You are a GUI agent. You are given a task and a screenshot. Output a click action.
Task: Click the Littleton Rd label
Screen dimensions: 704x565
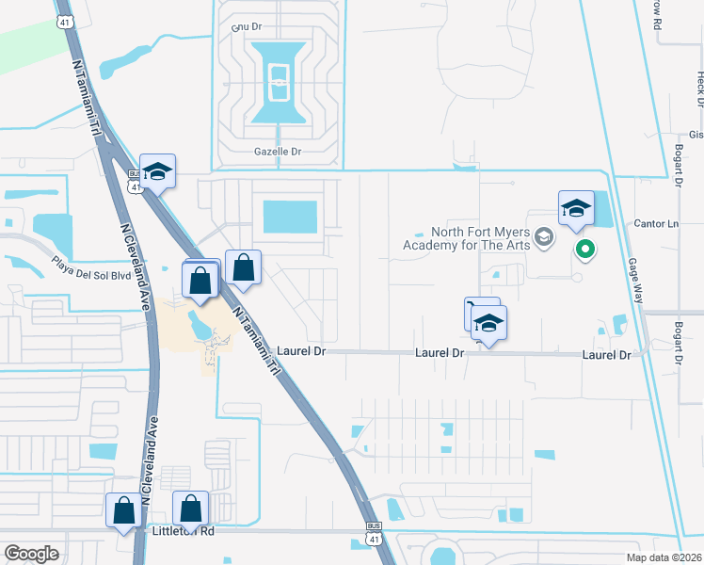(x=183, y=531)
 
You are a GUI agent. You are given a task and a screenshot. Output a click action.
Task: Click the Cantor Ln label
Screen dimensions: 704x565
(x=659, y=224)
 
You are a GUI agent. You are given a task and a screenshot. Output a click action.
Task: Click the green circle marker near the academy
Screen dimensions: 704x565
(x=584, y=250)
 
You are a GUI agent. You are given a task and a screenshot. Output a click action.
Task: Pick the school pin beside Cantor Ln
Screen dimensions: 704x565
(x=576, y=209)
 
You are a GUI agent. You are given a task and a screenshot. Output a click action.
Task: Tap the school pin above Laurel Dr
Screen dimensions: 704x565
(x=488, y=324)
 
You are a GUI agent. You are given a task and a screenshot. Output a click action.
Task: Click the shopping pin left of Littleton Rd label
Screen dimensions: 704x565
(x=123, y=511)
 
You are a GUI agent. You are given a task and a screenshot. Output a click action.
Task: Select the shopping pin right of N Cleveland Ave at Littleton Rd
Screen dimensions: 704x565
(x=191, y=508)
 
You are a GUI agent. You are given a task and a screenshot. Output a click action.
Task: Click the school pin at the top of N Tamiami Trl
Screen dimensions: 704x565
(x=158, y=172)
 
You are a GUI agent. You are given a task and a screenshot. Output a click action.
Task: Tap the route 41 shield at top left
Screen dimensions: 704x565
(x=64, y=21)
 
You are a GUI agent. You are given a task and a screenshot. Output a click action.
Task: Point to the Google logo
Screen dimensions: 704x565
(x=32, y=554)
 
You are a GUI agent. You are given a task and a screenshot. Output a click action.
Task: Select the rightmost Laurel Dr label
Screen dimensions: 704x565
(x=605, y=354)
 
